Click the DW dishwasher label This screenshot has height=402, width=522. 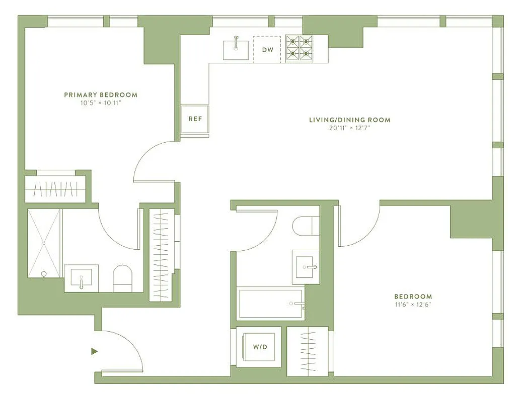click(267, 49)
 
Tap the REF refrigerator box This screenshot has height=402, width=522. click(195, 119)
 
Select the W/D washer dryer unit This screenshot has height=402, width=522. click(259, 347)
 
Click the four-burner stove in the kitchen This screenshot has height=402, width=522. click(300, 48)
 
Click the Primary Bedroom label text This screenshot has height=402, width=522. click(101, 94)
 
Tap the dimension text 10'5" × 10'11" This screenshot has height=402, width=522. click(101, 103)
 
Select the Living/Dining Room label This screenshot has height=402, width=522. click(349, 120)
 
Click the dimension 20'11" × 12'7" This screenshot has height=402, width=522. click(349, 128)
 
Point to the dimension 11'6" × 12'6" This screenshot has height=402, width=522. click(413, 305)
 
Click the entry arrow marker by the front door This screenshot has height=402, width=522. click(94, 351)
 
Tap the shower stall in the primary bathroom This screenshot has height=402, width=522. click(44, 243)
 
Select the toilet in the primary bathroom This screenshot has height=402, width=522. click(122, 279)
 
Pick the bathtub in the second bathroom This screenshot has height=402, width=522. click(271, 304)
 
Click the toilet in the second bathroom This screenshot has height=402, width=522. click(306, 226)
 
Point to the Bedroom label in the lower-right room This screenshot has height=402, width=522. click(413, 296)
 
